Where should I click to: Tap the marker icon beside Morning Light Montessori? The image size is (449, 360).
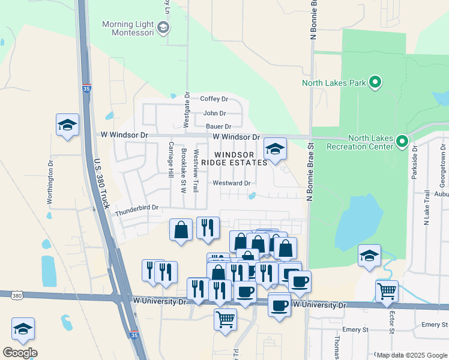163,28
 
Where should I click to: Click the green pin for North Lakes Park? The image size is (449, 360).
375,82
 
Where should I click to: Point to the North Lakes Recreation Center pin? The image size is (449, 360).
402,142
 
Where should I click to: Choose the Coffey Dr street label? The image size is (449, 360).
214,99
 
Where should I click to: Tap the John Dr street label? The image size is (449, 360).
214,113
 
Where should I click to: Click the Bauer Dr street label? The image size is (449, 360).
218,127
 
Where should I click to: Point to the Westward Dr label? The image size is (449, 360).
231,183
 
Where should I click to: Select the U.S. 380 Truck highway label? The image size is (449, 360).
101,184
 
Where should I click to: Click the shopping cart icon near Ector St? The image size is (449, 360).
387,292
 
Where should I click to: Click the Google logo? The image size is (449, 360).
20,352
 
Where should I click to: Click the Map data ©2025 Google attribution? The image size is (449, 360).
412,355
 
